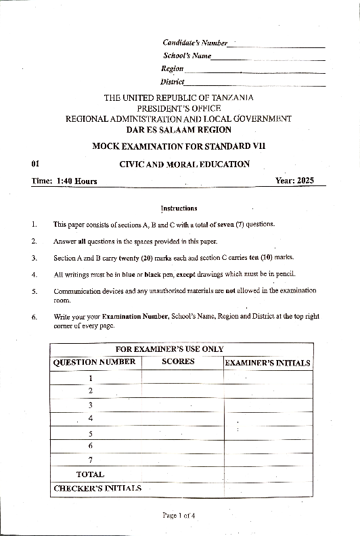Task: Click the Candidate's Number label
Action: tap(195, 43)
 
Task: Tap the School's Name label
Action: tap(187, 55)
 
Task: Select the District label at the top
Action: tap(173, 82)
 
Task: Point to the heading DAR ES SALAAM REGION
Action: tap(179, 129)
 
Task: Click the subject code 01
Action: tap(36, 164)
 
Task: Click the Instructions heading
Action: tap(179, 208)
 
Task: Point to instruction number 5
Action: tap(34, 290)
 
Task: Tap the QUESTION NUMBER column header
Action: tap(95, 362)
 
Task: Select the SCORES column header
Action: tap(178, 361)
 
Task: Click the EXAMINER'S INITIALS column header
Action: tap(267, 363)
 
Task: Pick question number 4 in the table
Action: tap(90, 418)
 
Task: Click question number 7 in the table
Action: tap(90, 460)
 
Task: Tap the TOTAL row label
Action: tap(90, 474)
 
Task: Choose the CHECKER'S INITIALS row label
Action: tap(97, 488)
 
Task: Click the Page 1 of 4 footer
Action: tap(179, 516)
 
